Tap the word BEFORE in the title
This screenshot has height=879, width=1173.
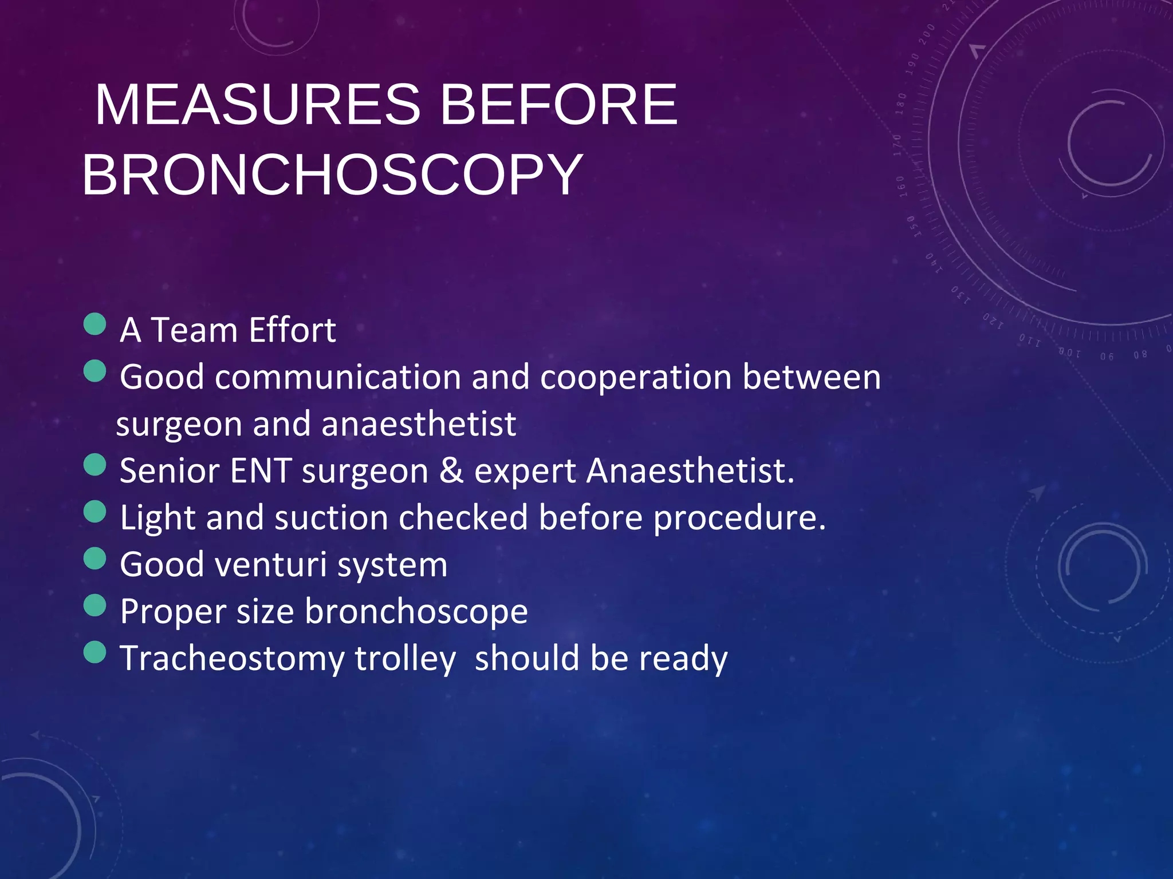click(x=558, y=105)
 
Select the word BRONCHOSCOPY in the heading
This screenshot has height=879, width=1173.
click(x=332, y=175)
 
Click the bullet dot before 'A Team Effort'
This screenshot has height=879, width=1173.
click(x=95, y=324)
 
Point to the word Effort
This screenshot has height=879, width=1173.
click(x=292, y=330)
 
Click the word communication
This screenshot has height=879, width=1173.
click(x=338, y=378)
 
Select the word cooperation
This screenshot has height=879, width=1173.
click(x=636, y=378)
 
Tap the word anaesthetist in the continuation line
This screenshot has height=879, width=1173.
click(x=418, y=425)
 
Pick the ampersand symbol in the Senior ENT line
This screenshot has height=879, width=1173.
click(x=451, y=471)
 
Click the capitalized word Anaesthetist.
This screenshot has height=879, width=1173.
click(x=690, y=471)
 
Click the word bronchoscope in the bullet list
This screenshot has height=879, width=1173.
click(x=416, y=612)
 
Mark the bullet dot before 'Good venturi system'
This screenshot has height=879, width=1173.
click(x=95, y=559)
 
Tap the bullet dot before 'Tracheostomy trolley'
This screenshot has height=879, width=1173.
click(x=95, y=652)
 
